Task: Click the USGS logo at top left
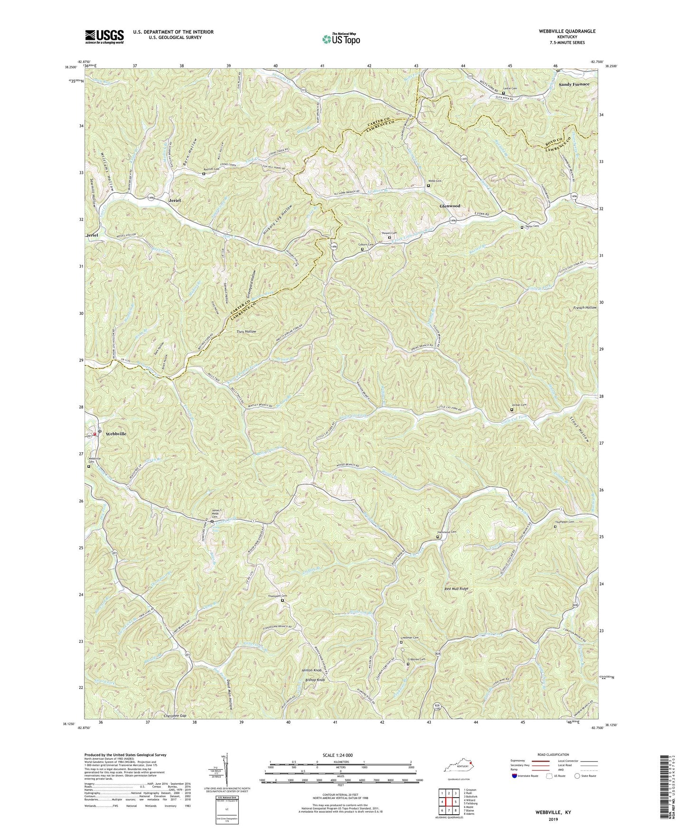click(x=104, y=36)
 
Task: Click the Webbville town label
click(x=116, y=434)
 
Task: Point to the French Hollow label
click(x=584, y=308)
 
